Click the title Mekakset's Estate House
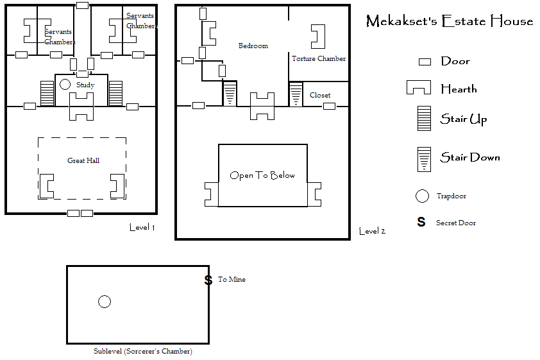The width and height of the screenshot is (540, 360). pyautogui.click(x=450, y=21)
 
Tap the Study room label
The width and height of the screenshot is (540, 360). pyautogui.click(x=85, y=85)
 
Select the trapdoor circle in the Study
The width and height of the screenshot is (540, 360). pyautogui.click(x=65, y=85)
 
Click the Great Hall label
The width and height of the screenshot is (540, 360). pyautogui.click(x=83, y=160)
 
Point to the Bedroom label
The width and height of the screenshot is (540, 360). pyautogui.click(x=253, y=46)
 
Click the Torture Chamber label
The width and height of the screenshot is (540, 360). pyautogui.click(x=319, y=58)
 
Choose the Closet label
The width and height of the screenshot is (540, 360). pyautogui.click(x=320, y=95)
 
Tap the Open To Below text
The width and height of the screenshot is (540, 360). pyautogui.click(x=262, y=175)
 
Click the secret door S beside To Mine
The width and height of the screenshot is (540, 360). pyautogui.click(x=208, y=280)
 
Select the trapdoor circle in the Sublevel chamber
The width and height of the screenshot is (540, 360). pyautogui.click(x=105, y=302)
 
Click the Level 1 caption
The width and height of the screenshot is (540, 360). pyautogui.click(x=142, y=227)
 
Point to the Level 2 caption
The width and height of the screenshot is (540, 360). pyautogui.click(x=372, y=231)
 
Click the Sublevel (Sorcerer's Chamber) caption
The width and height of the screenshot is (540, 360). pyautogui.click(x=143, y=352)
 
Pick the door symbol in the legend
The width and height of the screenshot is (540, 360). pyautogui.click(x=425, y=62)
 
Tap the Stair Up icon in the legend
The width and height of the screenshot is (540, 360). pyautogui.click(x=424, y=119)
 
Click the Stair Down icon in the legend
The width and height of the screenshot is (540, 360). pyautogui.click(x=424, y=159)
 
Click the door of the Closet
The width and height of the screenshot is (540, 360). pyautogui.click(x=329, y=106)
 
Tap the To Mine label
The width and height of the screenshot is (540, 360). pyautogui.click(x=232, y=279)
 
